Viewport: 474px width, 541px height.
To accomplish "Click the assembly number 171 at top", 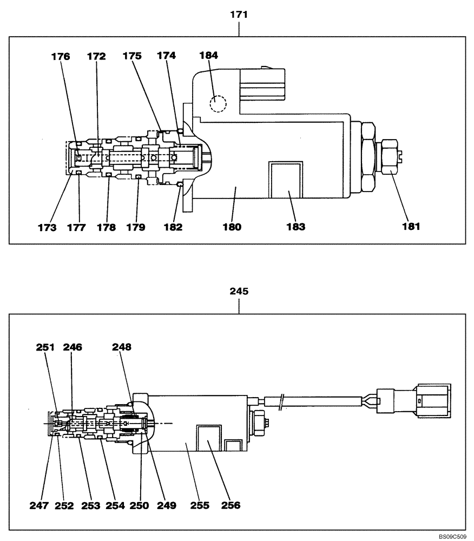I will click(x=239, y=15).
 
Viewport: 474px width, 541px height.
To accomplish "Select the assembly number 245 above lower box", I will click(x=239, y=291).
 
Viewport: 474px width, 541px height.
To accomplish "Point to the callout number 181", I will click(x=410, y=227).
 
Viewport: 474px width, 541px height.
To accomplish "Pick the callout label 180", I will click(x=234, y=227).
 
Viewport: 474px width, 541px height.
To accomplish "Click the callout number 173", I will click(x=47, y=227).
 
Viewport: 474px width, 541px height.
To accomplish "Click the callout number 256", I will click(x=230, y=505).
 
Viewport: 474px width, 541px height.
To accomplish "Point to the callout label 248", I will click(x=122, y=347).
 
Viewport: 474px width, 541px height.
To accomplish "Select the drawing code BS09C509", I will click(x=453, y=536).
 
